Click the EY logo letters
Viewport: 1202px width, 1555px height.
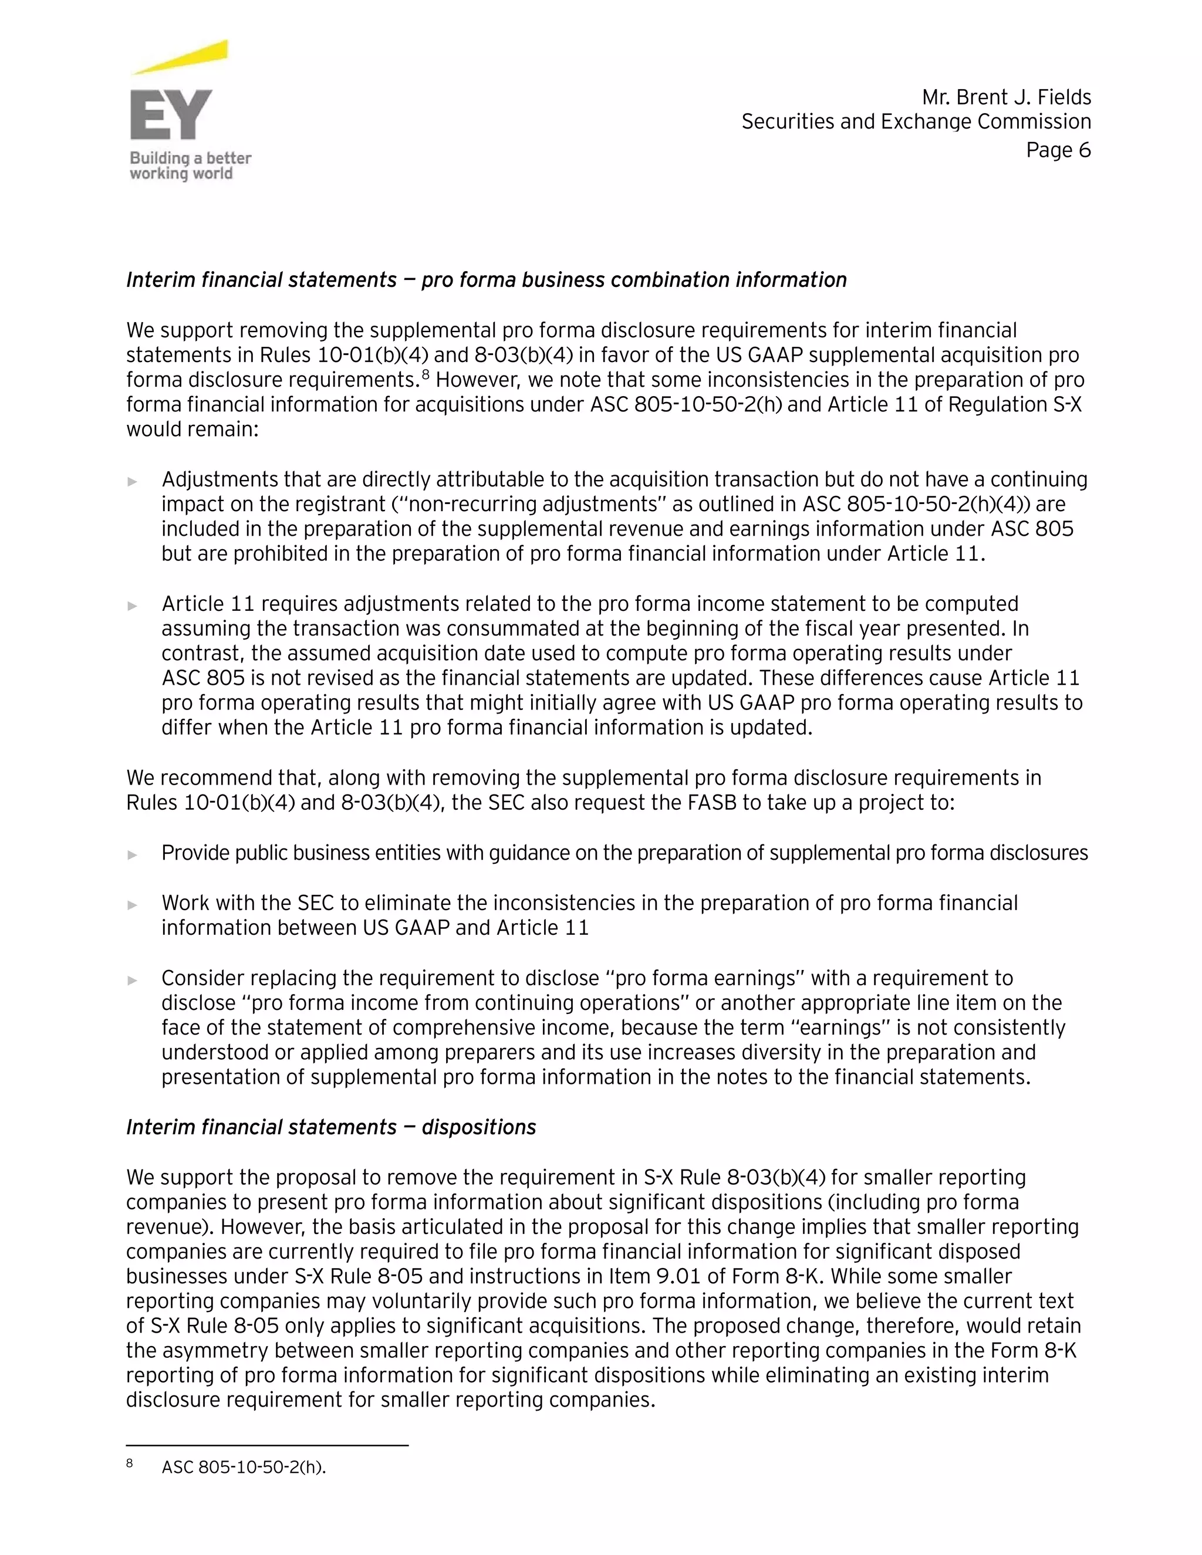click(171, 114)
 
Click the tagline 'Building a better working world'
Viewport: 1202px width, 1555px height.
click(190, 166)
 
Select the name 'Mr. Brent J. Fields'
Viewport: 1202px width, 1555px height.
click(1006, 97)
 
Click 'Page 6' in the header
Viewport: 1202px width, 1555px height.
click(1058, 150)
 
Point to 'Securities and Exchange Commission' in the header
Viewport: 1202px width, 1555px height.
click(916, 121)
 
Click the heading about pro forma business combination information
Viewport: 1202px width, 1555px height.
click(487, 280)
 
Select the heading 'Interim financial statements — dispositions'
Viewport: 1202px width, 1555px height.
click(331, 1127)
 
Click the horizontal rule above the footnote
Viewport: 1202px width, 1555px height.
click(267, 1445)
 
